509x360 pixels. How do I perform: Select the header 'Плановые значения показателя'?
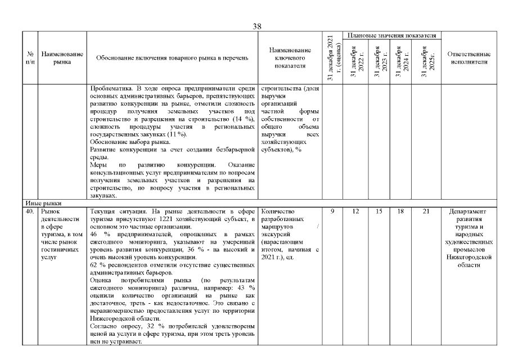coord(391,35)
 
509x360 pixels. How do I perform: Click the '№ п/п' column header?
coord(30,58)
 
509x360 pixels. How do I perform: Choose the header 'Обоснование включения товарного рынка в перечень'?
coord(172,58)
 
